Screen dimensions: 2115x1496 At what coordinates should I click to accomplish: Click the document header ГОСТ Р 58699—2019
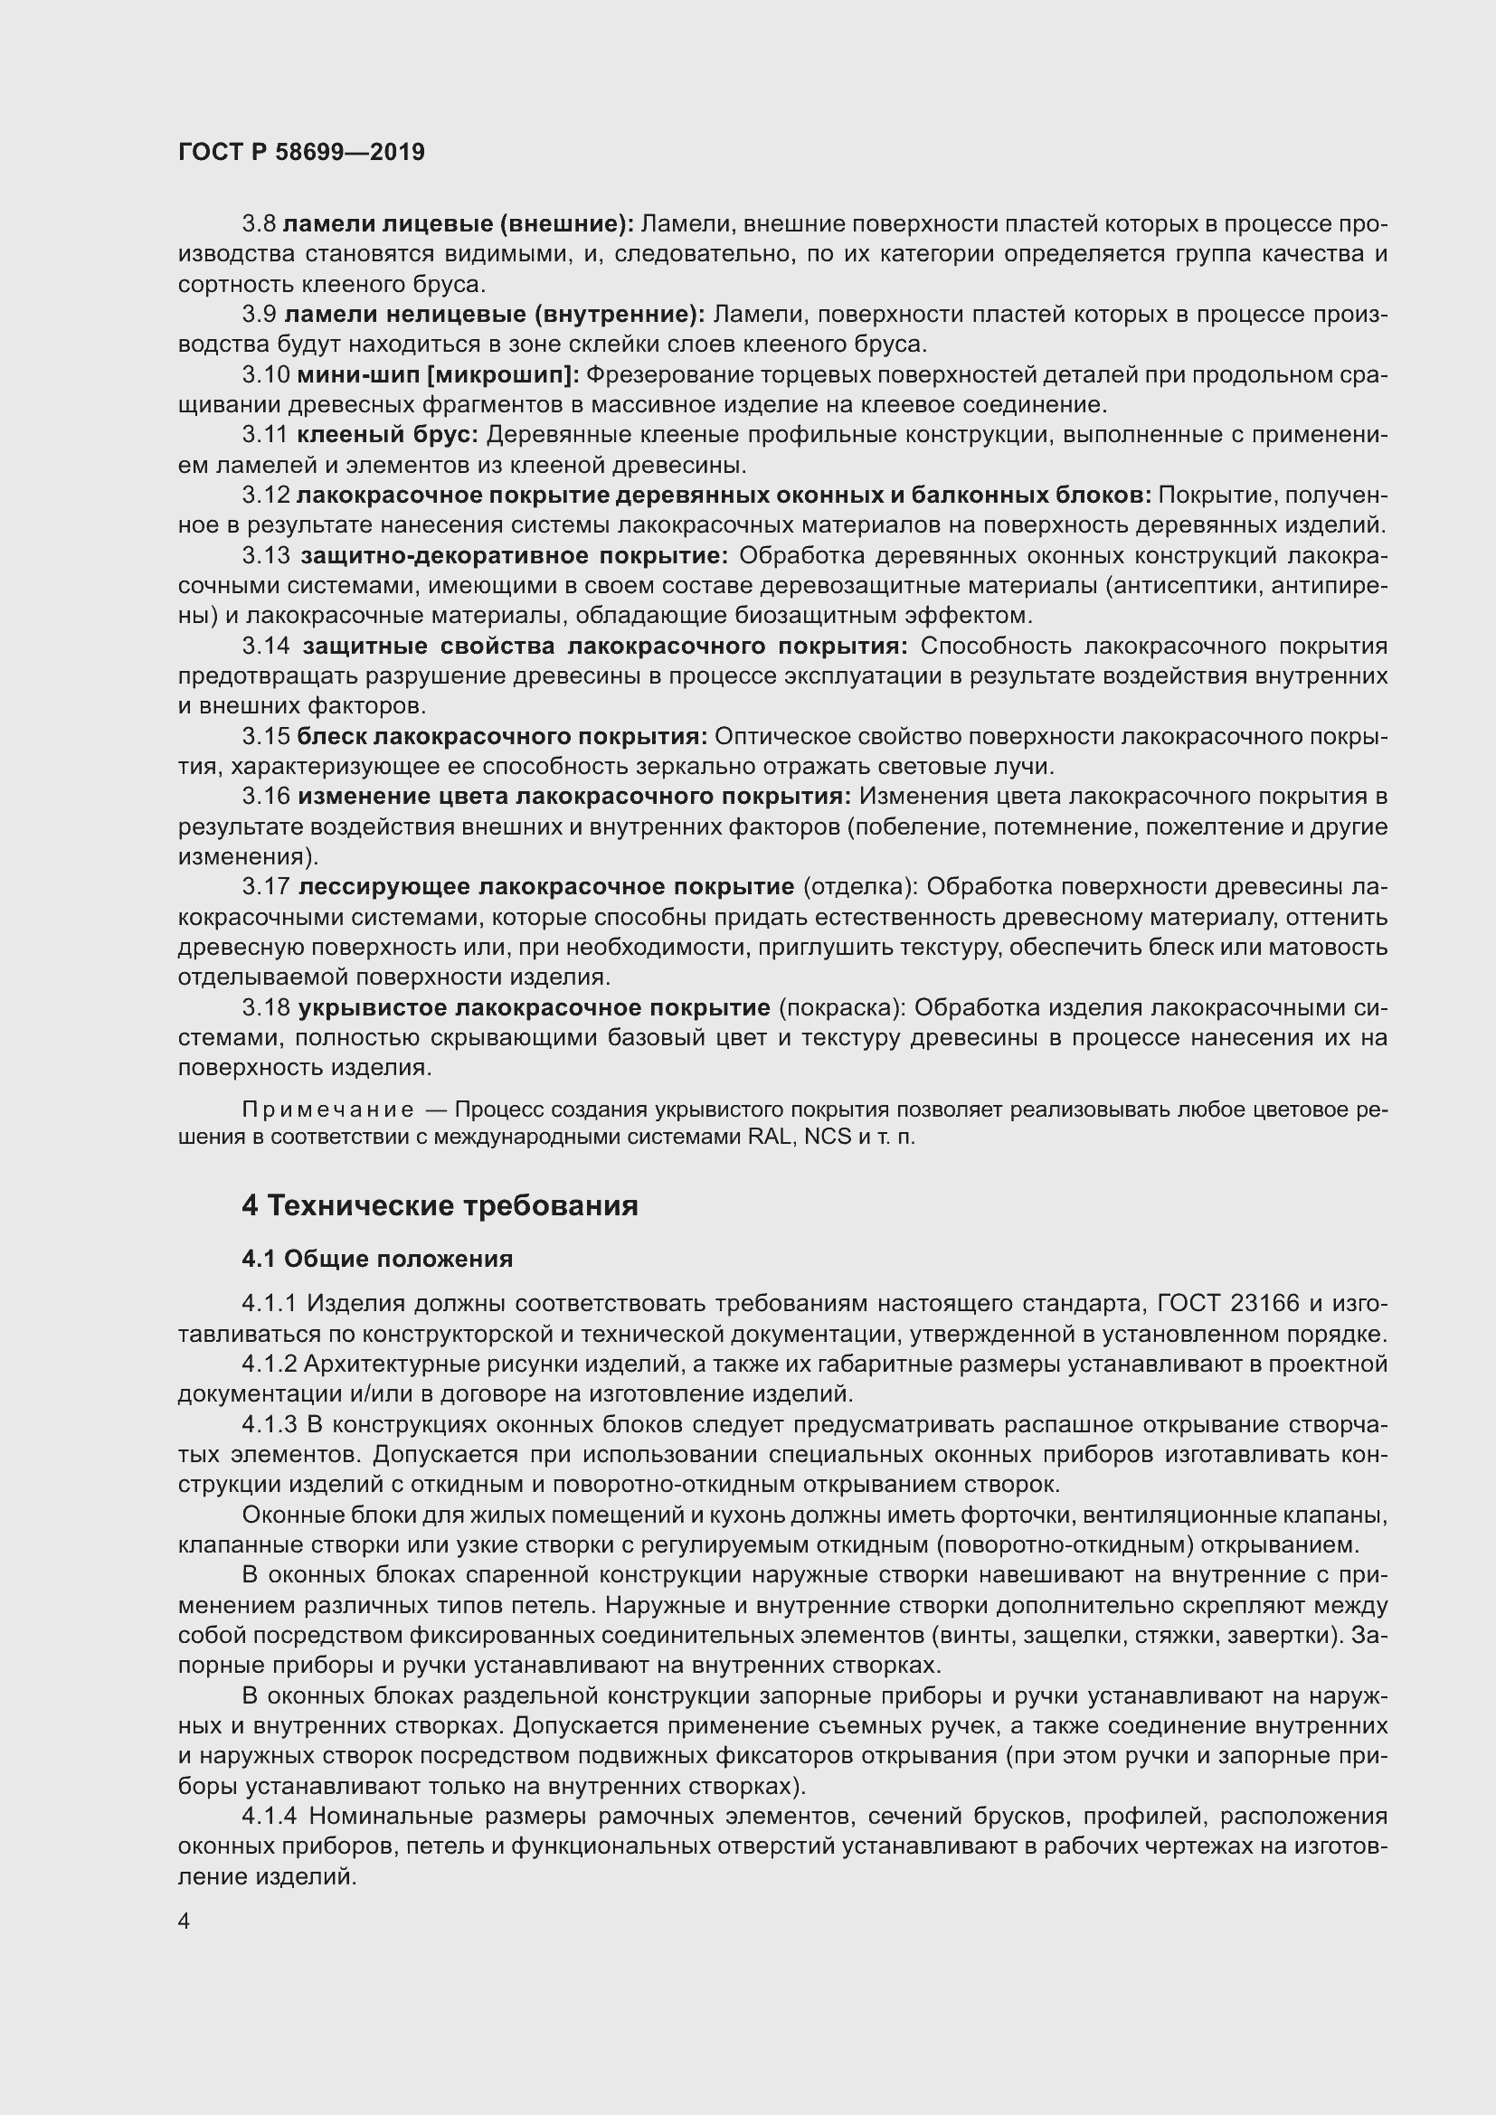coord(301,153)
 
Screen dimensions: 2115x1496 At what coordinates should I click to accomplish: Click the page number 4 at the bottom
coord(185,1921)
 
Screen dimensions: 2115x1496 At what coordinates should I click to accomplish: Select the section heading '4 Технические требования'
coord(440,1206)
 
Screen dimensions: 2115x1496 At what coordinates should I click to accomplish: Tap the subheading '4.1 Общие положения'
coord(377,1260)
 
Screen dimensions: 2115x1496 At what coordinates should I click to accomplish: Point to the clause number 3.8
coord(259,224)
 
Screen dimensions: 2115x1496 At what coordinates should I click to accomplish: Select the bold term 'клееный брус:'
coord(387,435)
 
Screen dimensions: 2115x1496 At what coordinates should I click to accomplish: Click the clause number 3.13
coord(266,555)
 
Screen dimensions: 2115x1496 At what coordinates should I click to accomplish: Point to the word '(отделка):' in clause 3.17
coord(860,887)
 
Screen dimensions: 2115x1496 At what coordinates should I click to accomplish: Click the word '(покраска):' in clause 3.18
coord(842,1007)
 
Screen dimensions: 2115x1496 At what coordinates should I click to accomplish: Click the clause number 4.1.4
coord(270,1817)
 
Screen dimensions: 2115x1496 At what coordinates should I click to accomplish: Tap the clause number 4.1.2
coord(269,1364)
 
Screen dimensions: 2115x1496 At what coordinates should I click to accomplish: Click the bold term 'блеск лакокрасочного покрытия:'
coord(502,736)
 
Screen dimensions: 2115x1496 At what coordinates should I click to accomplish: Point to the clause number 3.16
coord(266,796)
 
